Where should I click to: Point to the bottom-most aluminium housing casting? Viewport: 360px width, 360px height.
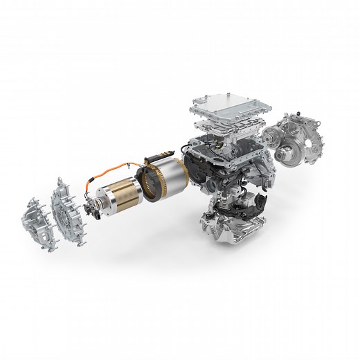coord(228,228)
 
